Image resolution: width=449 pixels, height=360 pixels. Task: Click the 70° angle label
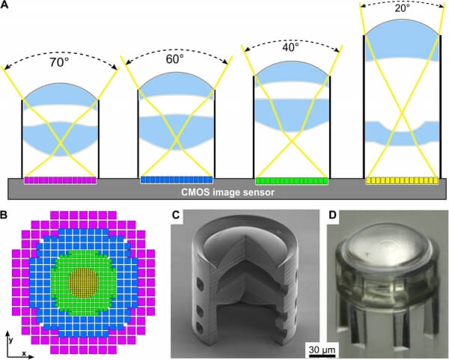coord(59,62)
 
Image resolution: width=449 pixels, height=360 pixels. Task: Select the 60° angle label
coord(174,59)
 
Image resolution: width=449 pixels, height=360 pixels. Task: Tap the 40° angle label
coord(290,48)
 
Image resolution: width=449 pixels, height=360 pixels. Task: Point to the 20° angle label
coord(403,8)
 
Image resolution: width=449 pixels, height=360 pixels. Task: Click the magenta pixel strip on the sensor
coord(60,180)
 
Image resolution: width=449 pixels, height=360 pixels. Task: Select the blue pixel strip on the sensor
coord(177,180)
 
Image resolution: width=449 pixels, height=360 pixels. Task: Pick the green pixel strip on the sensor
coord(292,181)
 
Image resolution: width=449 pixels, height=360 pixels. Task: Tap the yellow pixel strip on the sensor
coord(402,180)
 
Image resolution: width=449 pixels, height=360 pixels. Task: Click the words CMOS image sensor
coord(227,192)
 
